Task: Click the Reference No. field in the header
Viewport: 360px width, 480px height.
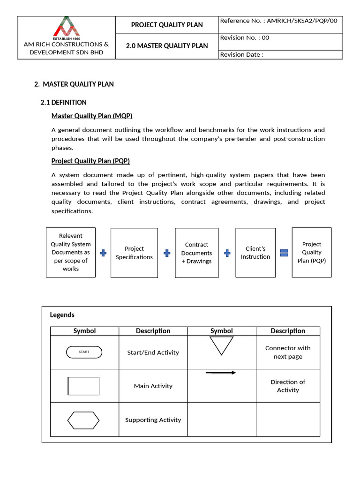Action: click(x=278, y=21)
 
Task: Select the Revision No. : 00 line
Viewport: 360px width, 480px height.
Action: click(x=245, y=38)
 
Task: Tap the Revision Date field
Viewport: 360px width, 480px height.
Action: click(x=242, y=54)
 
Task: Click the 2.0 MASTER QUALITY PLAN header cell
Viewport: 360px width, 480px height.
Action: click(x=167, y=46)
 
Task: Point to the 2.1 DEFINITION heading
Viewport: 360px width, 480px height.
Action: click(x=64, y=102)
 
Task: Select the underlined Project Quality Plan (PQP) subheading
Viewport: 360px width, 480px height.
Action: click(x=90, y=161)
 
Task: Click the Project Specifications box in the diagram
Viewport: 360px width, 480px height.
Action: click(x=134, y=253)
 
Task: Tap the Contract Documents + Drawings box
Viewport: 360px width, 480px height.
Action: click(x=196, y=253)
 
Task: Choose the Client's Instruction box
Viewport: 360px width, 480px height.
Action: click(x=255, y=253)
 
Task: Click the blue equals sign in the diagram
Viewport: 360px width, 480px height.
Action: click(x=284, y=253)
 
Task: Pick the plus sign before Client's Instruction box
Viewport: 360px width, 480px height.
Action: click(x=227, y=253)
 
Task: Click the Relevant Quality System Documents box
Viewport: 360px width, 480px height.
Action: click(x=71, y=252)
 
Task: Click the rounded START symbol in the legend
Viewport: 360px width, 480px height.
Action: click(x=84, y=352)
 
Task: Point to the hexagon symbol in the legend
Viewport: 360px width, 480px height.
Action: click(x=83, y=420)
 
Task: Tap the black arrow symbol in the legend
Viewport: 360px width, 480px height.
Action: click(x=221, y=373)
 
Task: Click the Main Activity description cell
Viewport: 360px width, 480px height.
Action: click(x=153, y=386)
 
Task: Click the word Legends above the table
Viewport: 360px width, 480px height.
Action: click(x=62, y=315)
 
